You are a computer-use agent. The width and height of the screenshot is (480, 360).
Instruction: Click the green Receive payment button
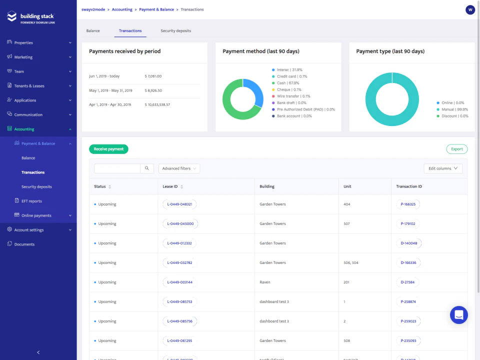pyautogui.click(x=108, y=149)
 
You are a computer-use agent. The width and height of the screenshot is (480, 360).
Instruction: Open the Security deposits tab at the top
pyautogui.click(x=175, y=31)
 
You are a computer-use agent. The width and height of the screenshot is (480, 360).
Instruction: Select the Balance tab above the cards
pyautogui.click(x=93, y=31)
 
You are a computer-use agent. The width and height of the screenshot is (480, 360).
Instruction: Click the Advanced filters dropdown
pyautogui.click(x=179, y=168)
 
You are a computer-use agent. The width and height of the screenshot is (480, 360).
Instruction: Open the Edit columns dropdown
pyautogui.click(x=442, y=168)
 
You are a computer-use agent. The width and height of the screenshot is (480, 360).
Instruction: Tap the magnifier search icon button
pyautogui.click(x=147, y=168)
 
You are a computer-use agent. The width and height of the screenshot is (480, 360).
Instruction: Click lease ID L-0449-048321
pyautogui.click(x=180, y=204)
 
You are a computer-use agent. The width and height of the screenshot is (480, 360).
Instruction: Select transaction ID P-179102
pyautogui.click(x=408, y=224)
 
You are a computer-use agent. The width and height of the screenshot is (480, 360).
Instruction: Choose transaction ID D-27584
pyautogui.click(x=407, y=282)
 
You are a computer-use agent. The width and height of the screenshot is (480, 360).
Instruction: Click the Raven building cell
pyautogui.click(x=265, y=282)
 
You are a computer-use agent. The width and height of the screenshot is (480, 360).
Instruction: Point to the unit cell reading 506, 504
pyautogui.click(x=351, y=263)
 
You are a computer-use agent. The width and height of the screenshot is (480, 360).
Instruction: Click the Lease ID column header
pyautogui.click(x=170, y=186)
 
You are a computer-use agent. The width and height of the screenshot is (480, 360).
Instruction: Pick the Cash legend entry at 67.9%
pyautogui.click(x=288, y=83)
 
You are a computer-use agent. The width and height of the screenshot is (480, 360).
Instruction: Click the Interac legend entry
pyautogui.click(x=289, y=70)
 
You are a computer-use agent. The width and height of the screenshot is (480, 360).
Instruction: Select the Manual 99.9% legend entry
pyautogui.click(x=454, y=109)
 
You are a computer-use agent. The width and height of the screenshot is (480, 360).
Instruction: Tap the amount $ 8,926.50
pyautogui.click(x=153, y=90)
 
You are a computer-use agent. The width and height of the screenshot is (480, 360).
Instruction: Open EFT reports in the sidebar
pyautogui.click(x=31, y=201)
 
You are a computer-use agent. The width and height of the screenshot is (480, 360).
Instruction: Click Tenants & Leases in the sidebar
pyautogui.click(x=29, y=86)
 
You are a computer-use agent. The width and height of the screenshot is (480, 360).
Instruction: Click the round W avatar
pyautogui.click(x=470, y=9)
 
